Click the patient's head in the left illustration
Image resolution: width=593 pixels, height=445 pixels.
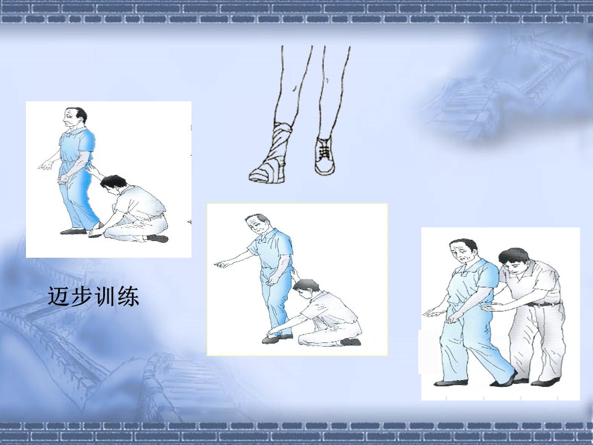[75, 119]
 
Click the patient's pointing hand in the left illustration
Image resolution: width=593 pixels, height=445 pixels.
[46, 165]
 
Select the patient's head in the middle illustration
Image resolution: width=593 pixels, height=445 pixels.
[256, 225]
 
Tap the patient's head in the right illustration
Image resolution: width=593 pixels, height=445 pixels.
[463, 252]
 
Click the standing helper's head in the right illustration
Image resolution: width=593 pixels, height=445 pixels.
[514, 260]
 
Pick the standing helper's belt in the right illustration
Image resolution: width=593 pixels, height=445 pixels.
[544, 304]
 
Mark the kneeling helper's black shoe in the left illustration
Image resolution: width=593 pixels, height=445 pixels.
[158, 239]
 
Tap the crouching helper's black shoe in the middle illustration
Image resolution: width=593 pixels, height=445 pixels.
[350, 342]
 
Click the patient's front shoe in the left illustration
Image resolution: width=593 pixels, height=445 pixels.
[74, 231]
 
